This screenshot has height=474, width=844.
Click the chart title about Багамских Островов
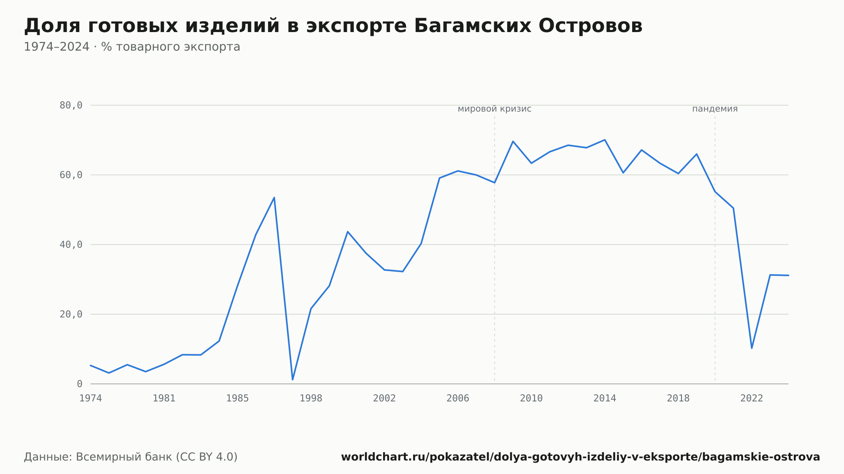point(333,26)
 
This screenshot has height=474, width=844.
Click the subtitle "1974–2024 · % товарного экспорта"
point(132,47)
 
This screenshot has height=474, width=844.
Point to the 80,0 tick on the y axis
point(71,105)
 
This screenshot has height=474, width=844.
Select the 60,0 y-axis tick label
point(71,175)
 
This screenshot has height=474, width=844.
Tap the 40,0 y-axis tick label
point(71,245)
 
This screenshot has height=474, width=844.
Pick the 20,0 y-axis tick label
point(71,314)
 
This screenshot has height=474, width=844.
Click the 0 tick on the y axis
point(79,384)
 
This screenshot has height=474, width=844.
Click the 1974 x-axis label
point(91,399)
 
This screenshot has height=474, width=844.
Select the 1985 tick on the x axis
point(238,399)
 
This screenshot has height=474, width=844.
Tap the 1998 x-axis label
point(311,399)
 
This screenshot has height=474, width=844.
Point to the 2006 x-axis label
point(458,399)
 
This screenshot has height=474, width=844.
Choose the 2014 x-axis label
point(605,399)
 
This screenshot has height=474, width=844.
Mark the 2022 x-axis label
point(752,399)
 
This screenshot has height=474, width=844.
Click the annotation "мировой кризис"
point(495,109)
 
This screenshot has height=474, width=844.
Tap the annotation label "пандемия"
point(715,109)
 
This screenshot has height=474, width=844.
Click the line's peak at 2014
point(605,140)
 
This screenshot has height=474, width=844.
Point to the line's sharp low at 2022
point(752,348)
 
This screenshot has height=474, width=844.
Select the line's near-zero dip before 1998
point(292,380)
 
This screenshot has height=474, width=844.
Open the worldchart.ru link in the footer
point(581,457)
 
